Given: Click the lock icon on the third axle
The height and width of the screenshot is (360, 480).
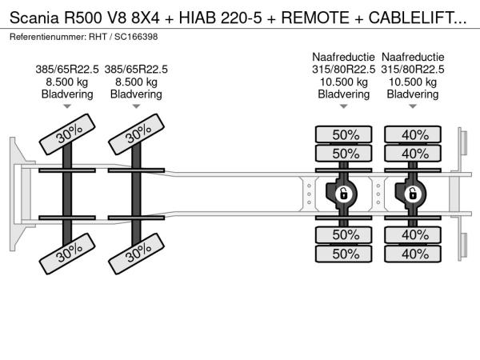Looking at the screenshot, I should click(x=342, y=194).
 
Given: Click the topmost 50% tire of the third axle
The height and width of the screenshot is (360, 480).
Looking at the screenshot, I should click(x=344, y=134).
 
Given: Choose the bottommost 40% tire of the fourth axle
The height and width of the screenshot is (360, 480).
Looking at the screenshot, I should click(x=414, y=254).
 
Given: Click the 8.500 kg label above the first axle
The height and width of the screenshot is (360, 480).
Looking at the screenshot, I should click(x=67, y=82).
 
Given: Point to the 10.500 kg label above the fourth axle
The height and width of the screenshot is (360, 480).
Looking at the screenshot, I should click(x=413, y=82).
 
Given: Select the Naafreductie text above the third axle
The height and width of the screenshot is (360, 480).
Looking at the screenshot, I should click(x=343, y=58).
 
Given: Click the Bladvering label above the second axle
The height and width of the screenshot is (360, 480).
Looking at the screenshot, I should click(x=136, y=94).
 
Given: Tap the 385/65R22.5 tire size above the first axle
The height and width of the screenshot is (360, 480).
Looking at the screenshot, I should click(x=67, y=70).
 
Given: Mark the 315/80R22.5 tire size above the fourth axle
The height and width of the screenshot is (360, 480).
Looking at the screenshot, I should click(x=413, y=70).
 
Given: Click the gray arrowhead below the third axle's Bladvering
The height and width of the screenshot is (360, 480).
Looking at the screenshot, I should click(x=343, y=106).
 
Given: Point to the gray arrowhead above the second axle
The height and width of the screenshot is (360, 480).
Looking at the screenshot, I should click(x=136, y=106).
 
